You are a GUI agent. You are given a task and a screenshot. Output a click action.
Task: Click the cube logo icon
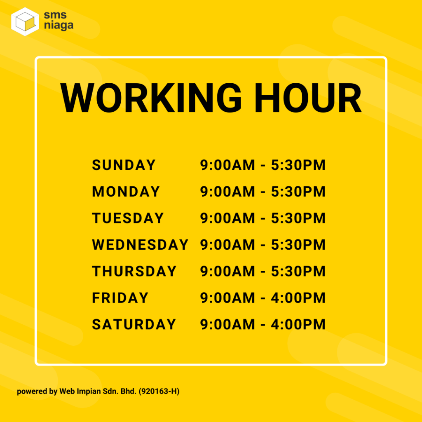tap(25, 21)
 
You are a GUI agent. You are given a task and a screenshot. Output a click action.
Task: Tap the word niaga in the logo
tap(59, 26)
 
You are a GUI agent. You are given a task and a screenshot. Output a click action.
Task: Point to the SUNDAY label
tap(124, 165)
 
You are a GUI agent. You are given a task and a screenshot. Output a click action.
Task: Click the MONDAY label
tap(126, 191)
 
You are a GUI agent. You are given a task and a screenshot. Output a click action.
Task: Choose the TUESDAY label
tap(128, 218)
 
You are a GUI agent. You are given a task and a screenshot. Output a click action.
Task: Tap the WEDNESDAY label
tap(140, 245)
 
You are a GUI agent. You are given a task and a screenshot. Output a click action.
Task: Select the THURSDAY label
tap(134, 271)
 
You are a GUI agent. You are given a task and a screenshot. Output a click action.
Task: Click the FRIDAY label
tap(120, 298)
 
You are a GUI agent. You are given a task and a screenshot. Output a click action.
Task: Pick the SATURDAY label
tap(134, 324)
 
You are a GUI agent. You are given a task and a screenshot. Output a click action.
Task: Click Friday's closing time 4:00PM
tap(298, 298)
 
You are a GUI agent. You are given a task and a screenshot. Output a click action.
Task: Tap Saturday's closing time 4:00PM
tap(298, 324)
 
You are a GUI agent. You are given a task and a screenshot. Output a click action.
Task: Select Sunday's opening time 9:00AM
tap(227, 165)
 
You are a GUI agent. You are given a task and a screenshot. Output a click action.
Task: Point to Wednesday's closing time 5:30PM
tap(298, 245)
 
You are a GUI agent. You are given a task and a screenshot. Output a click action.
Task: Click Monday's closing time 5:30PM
tap(298, 191)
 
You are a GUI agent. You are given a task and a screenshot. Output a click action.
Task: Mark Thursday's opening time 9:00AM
tap(227, 271)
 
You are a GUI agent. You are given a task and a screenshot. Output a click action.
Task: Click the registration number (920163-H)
tap(159, 392)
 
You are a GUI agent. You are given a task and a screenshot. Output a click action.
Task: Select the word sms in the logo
tap(55, 15)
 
